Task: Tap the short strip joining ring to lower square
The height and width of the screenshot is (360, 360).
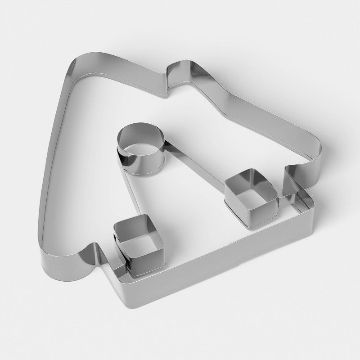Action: [x=128, y=198]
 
